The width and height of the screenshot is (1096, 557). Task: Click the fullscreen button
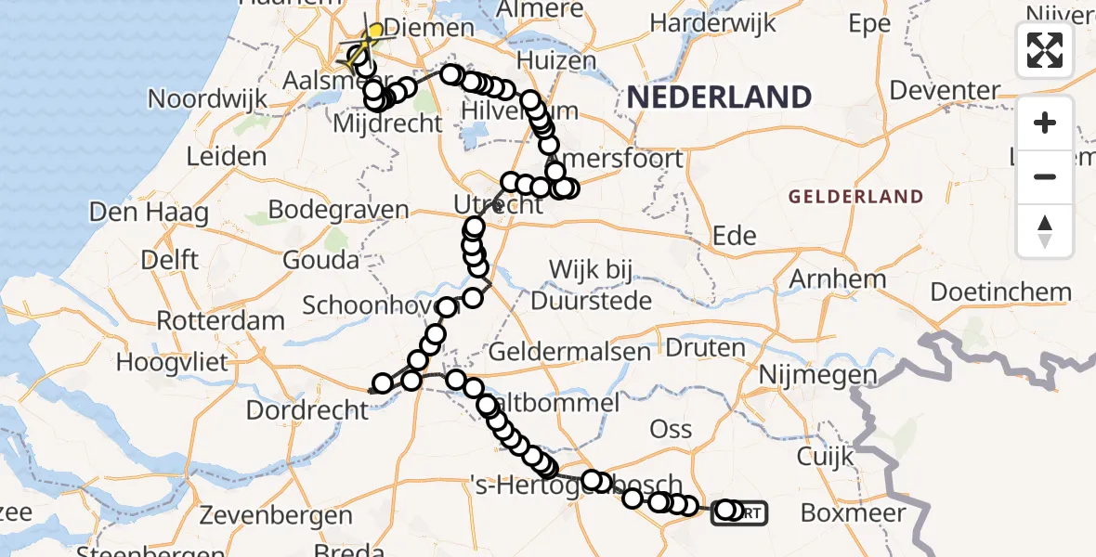[x=1045, y=50]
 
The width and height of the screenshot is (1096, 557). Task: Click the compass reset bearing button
[x=1045, y=231]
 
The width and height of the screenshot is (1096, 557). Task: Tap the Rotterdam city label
[x=221, y=321]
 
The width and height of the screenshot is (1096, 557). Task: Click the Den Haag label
[x=149, y=213]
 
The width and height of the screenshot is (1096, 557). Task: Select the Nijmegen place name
[x=817, y=375]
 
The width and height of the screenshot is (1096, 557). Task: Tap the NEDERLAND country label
[x=719, y=97]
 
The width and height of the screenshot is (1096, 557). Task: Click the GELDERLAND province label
[x=855, y=197]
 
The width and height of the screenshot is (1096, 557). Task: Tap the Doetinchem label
[x=1000, y=291]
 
